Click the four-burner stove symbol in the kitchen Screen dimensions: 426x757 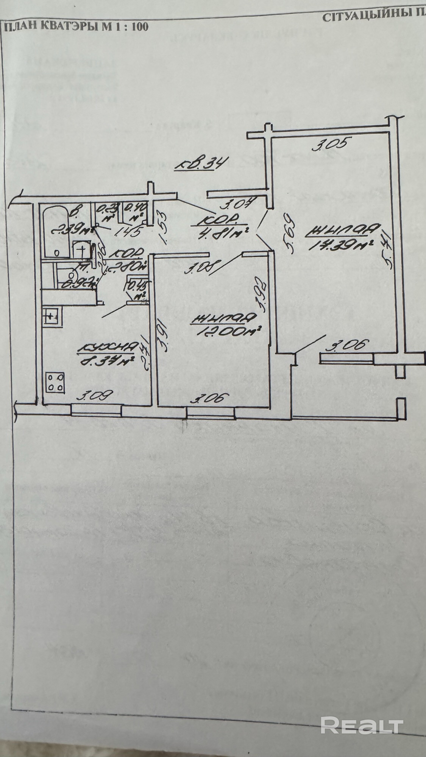(x=56, y=382)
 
